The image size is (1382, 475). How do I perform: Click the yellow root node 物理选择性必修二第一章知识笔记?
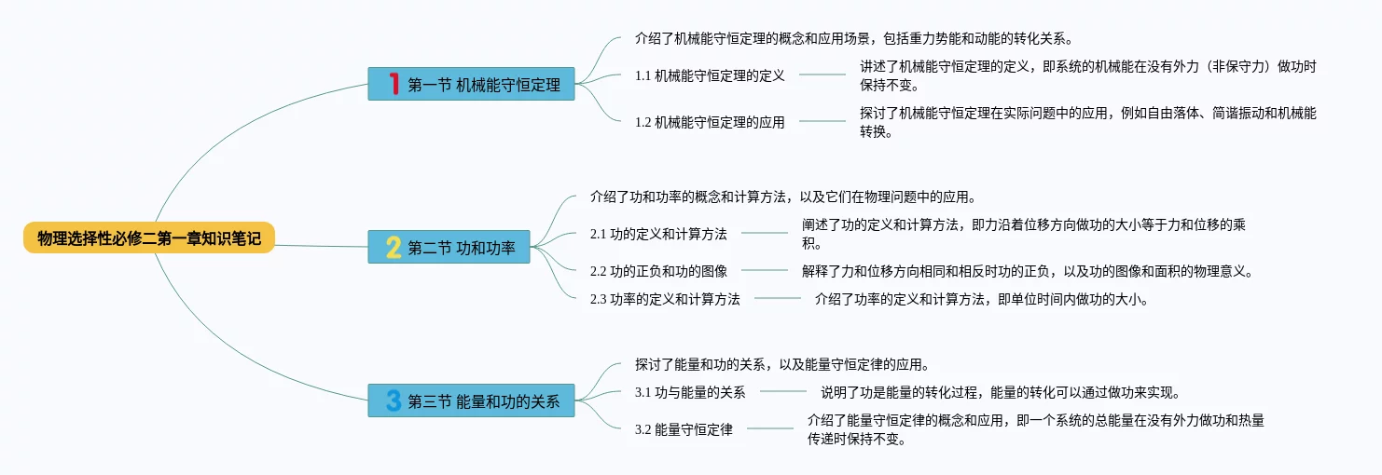149,238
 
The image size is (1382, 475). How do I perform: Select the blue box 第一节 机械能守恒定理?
471,84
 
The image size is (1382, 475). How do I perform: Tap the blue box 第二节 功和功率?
449,247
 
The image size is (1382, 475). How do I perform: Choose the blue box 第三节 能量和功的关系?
471,400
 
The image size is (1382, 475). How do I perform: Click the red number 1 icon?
394,84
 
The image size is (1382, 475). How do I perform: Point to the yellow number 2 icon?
394,247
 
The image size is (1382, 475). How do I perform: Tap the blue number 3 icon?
394,400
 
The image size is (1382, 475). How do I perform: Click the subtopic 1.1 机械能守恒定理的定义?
710,75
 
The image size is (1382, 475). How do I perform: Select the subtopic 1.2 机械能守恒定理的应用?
710,122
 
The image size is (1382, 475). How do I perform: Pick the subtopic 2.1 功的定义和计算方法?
658,234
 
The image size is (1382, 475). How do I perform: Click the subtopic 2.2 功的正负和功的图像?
658,271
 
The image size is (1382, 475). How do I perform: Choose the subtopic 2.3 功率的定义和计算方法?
665,299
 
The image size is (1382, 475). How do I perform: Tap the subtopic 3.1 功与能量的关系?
690,392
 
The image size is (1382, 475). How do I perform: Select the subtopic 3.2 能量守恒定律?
684,429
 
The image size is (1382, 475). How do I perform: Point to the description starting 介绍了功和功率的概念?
783,197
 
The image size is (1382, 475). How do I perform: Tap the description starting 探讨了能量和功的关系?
781,364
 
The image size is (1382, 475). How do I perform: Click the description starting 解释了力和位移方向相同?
1026,271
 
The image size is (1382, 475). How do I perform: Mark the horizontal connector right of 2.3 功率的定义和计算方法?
778,299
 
